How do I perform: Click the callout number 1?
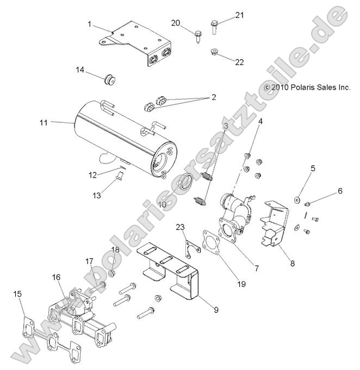pyautogui.click(x=90, y=24)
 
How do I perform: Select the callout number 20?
pyautogui.click(x=175, y=22)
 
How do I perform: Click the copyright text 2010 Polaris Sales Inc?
pyautogui.click(x=307, y=87)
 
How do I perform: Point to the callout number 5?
pyautogui.click(x=313, y=169)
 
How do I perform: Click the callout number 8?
pyautogui.click(x=292, y=264)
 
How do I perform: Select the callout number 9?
pyautogui.click(x=216, y=310)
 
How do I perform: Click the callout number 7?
pyautogui.click(x=256, y=268)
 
